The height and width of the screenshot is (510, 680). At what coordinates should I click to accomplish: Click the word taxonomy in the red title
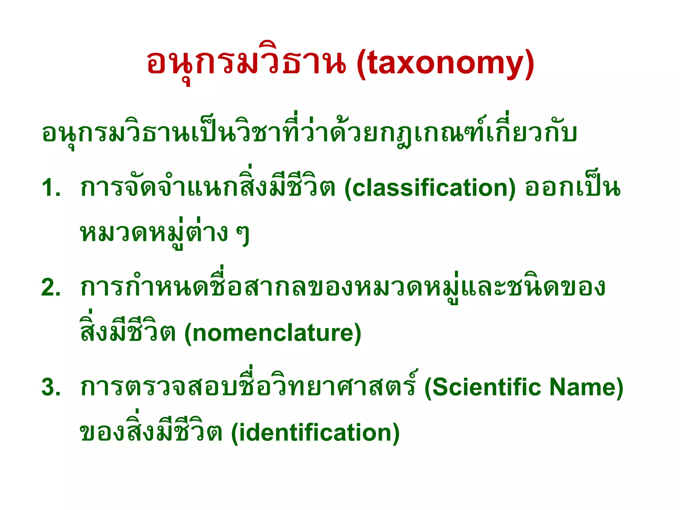coord(445,63)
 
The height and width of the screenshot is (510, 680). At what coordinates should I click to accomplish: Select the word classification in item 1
coord(430,188)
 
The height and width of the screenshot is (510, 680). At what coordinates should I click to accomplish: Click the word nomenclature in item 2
coord(273,333)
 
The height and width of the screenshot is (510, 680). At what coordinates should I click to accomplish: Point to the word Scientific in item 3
coord(487,387)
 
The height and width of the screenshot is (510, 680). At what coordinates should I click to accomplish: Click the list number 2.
coord(50,288)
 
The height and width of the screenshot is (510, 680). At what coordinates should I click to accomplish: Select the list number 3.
coord(50,387)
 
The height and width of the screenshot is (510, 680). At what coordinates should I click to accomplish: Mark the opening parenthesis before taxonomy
coord(361,64)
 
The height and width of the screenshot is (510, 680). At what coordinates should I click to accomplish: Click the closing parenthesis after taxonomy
coord(529,64)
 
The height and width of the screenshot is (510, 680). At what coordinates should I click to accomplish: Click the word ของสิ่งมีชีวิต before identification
coord(151,432)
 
